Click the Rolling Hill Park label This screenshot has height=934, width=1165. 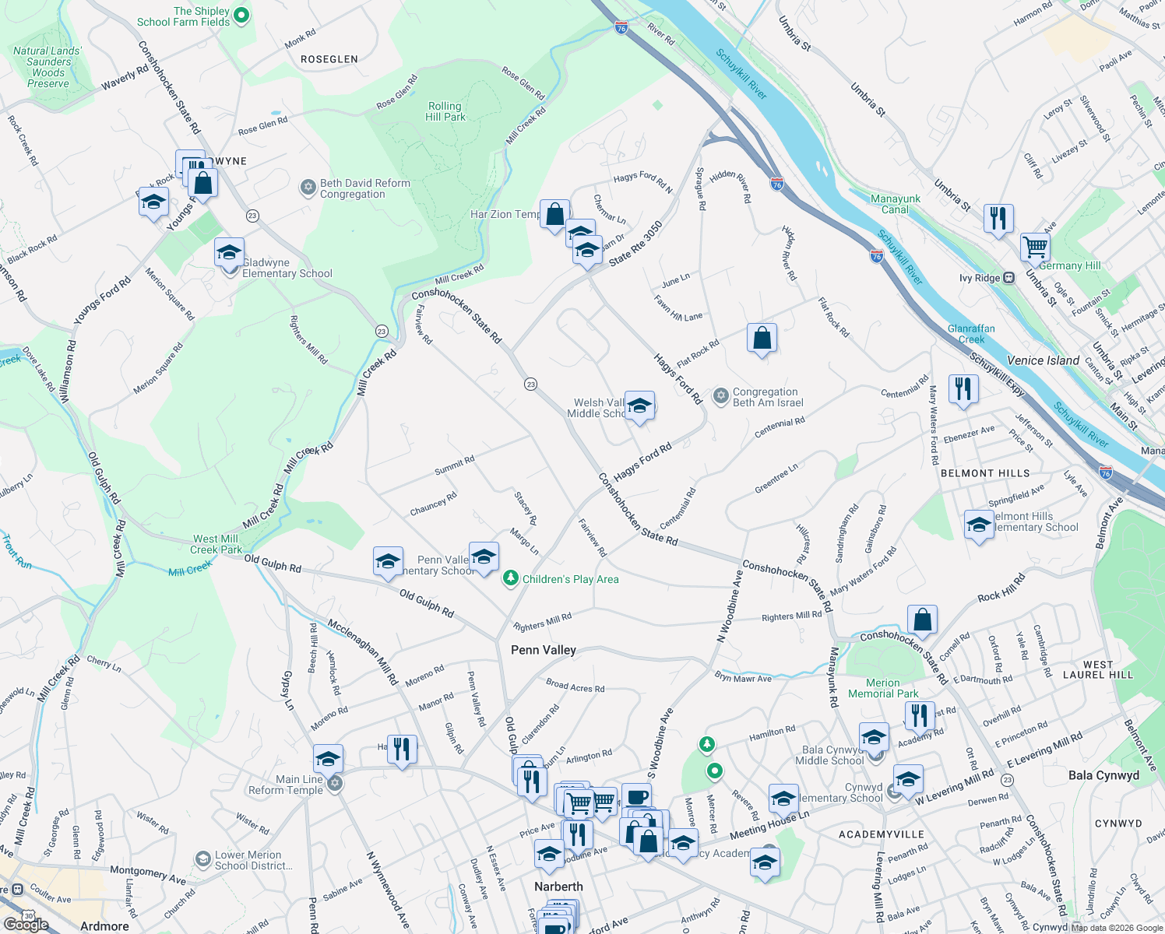[445, 111]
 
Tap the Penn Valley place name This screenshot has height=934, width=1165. [543, 650]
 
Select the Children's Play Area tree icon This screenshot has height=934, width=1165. [510, 578]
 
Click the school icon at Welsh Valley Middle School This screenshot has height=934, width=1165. [639, 406]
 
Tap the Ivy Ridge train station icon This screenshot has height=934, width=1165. [1008, 278]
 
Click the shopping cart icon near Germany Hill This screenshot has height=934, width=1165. [1035, 247]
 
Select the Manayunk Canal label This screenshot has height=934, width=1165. [896, 204]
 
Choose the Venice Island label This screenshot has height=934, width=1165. [1043, 360]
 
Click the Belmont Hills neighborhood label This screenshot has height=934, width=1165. [985, 473]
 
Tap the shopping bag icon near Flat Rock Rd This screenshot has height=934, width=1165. [762, 339]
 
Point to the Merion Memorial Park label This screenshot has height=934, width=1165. [883, 688]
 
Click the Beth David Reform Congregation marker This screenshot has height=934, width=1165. [308, 188]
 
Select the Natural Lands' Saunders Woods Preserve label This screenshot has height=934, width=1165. [48, 67]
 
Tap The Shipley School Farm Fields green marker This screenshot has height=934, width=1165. [241, 15]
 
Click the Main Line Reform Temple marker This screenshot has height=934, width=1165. [335, 783]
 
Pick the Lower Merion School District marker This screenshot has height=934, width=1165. [203, 859]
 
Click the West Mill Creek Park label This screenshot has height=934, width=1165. [216, 544]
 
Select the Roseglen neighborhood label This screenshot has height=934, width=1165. [329, 59]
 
